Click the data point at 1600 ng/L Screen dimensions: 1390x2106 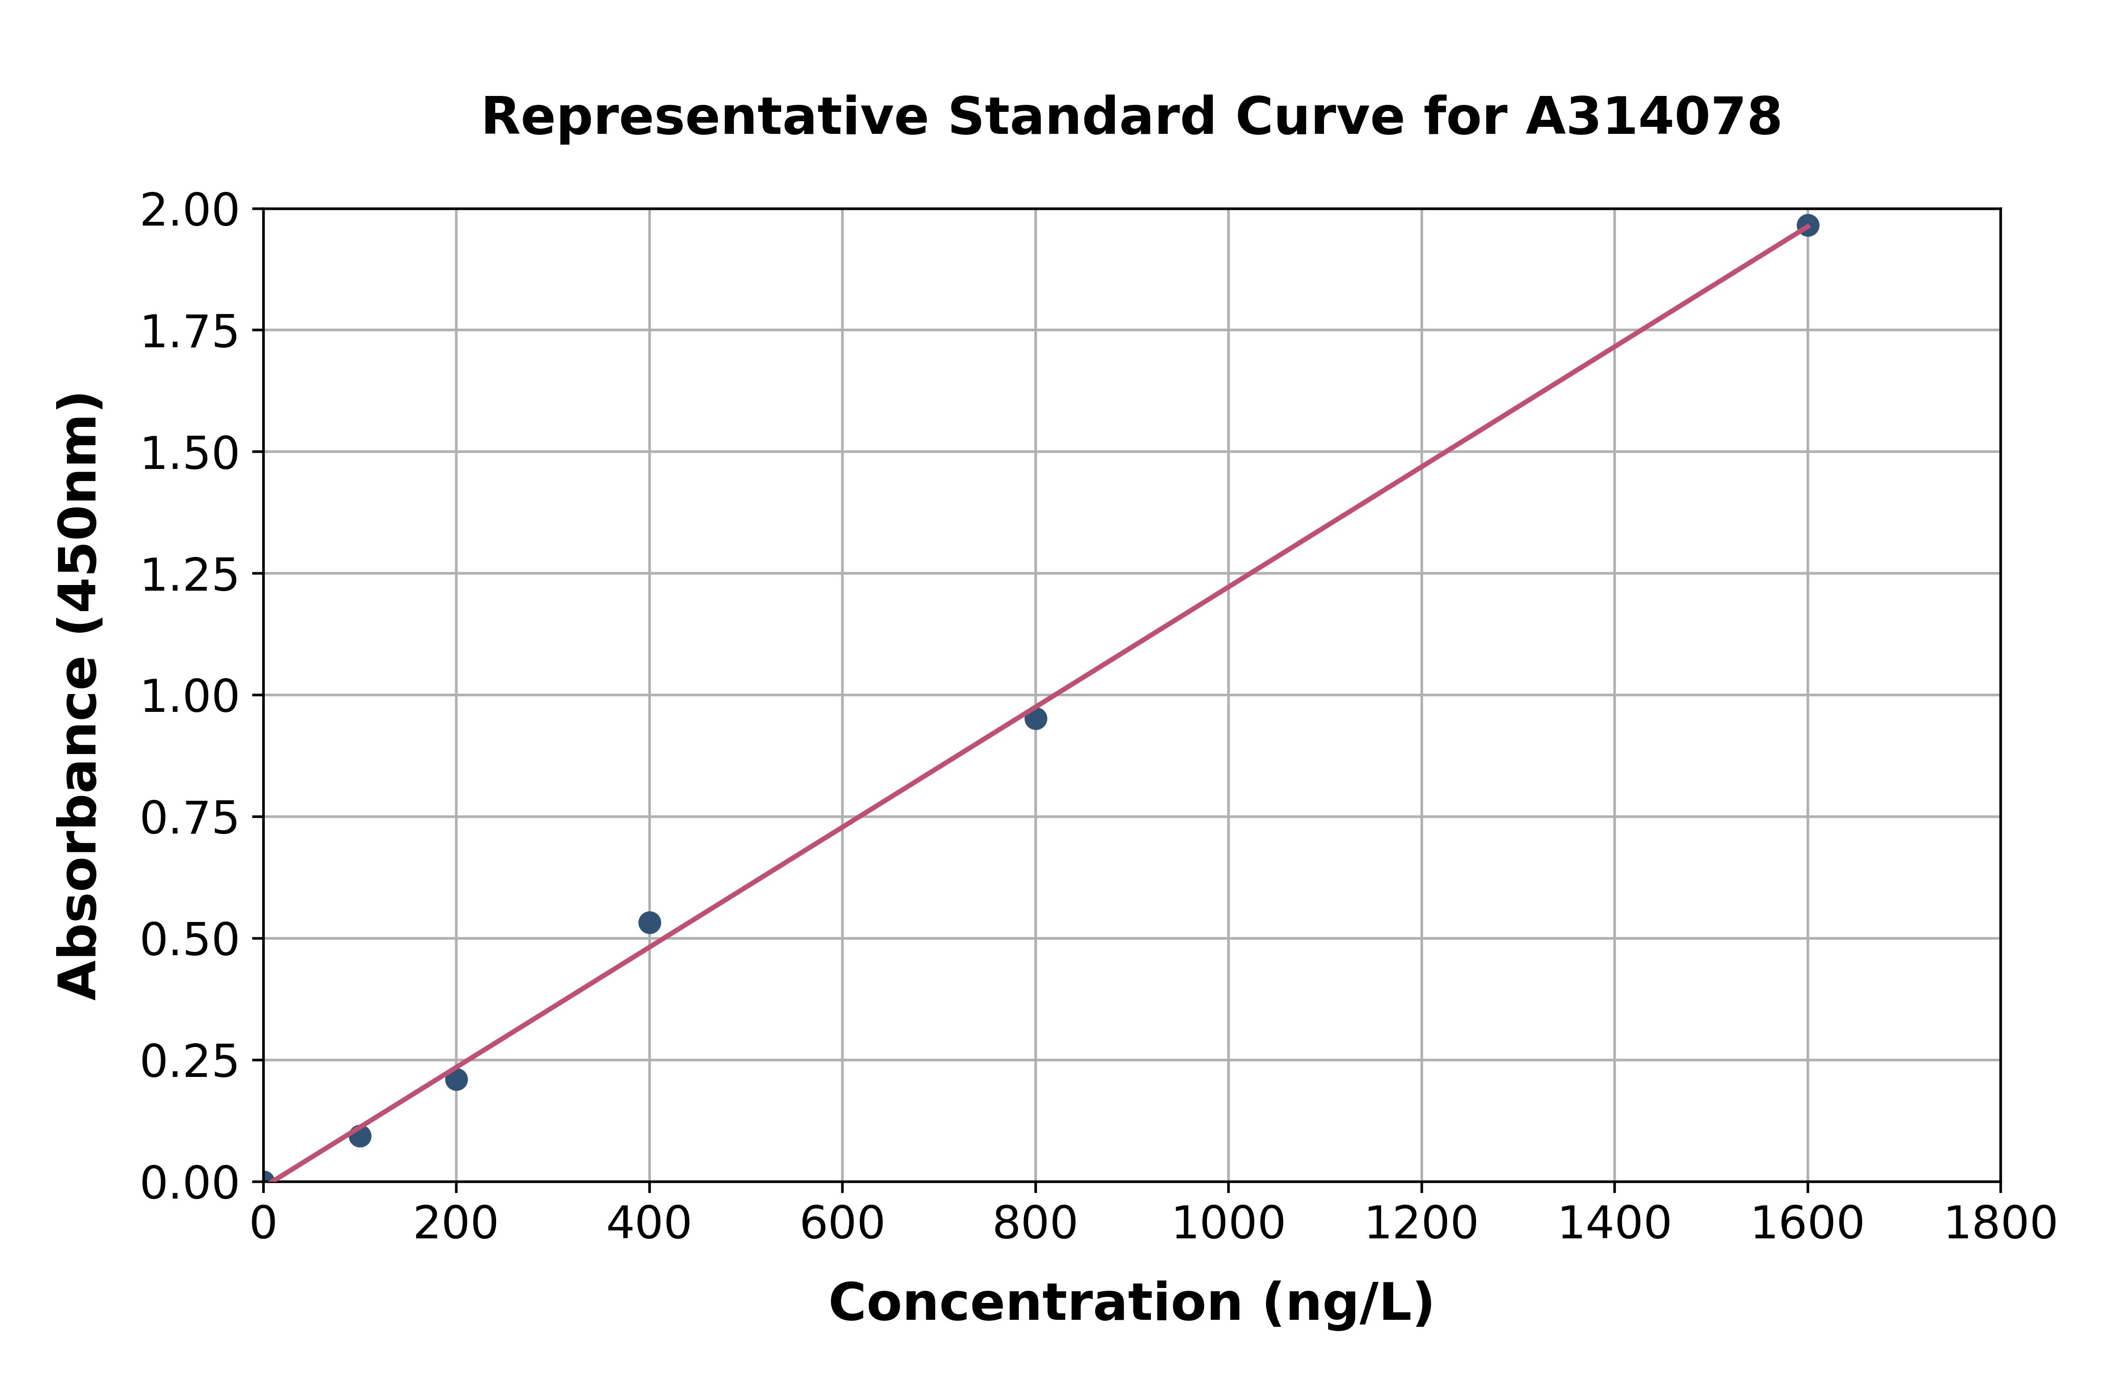click(1807, 225)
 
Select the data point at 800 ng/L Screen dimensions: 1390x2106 click(1035, 718)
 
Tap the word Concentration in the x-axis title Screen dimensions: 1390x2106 click(1035, 1303)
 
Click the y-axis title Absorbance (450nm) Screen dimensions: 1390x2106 click(79, 696)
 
